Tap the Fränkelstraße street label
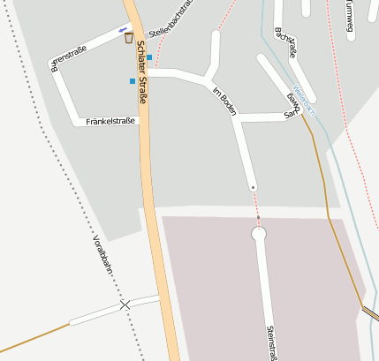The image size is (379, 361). coord(111,122)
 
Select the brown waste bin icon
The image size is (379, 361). coord(129,37)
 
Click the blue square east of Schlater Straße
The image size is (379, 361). coord(149,57)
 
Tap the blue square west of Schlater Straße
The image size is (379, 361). coord(133,81)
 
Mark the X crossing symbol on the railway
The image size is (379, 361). coord(125,305)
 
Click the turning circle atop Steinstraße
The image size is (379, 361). coord(259,234)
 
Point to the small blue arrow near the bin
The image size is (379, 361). coord(122,29)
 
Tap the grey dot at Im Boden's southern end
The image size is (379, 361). coord(253,188)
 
